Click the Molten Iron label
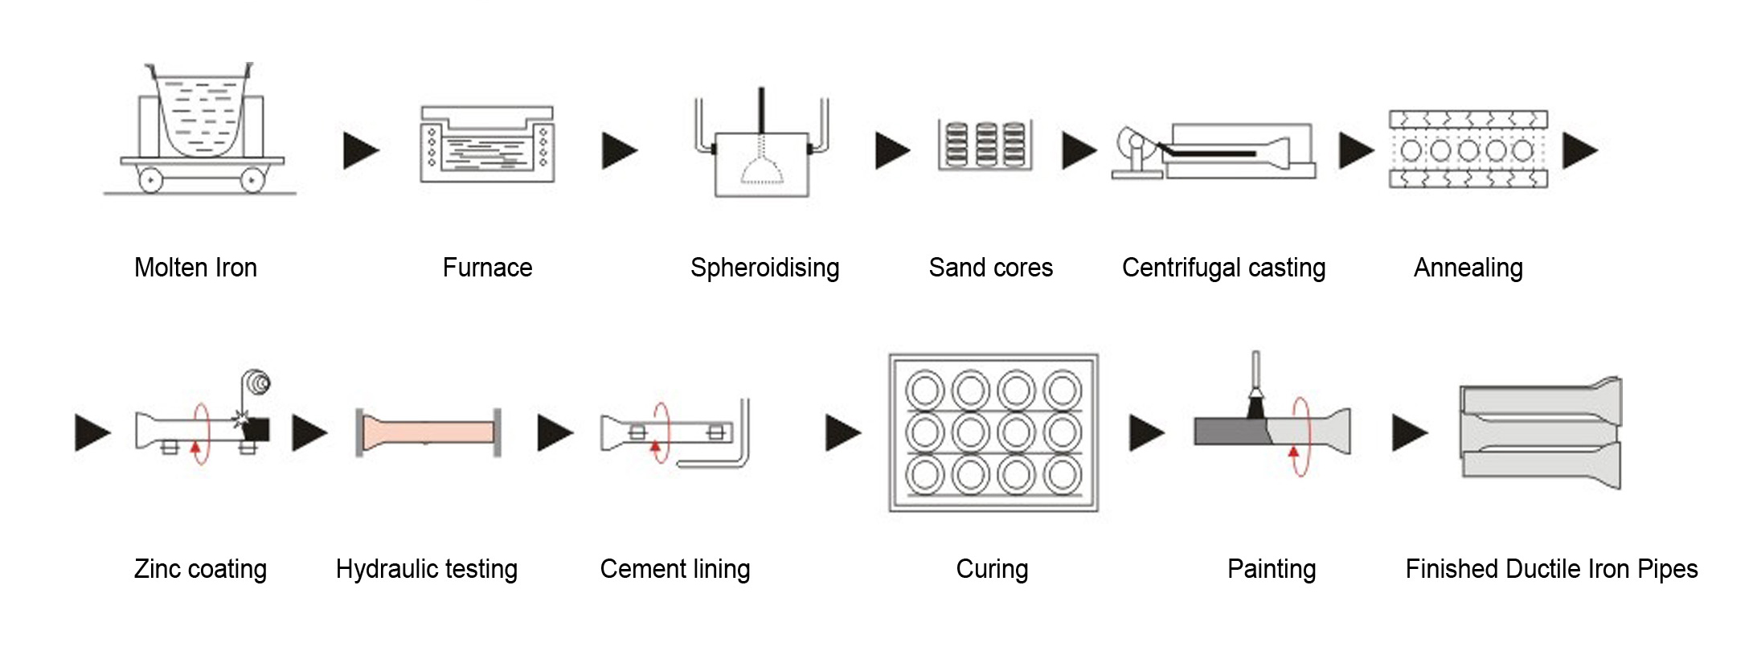tap(195, 268)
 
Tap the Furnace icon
tap(487, 145)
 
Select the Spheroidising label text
tap(764, 268)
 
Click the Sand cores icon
tap(985, 145)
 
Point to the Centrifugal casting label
tap(1223, 268)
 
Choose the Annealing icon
tap(1468, 149)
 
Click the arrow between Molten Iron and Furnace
tap(360, 150)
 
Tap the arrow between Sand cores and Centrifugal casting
tap(1079, 150)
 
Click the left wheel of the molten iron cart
tap(150, 180)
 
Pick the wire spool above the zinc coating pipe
tap(258, 383)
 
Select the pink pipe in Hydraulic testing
tap(429, 432)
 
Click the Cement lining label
tap(675, 569)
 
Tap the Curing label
tap(992, 569)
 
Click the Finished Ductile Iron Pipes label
tap(1551, 569)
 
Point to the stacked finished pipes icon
tap(1540, 432)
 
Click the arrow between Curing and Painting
tap(1146, 432)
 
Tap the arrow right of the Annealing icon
tap(1579, 150)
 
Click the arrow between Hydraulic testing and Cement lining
tap(555, 432)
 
